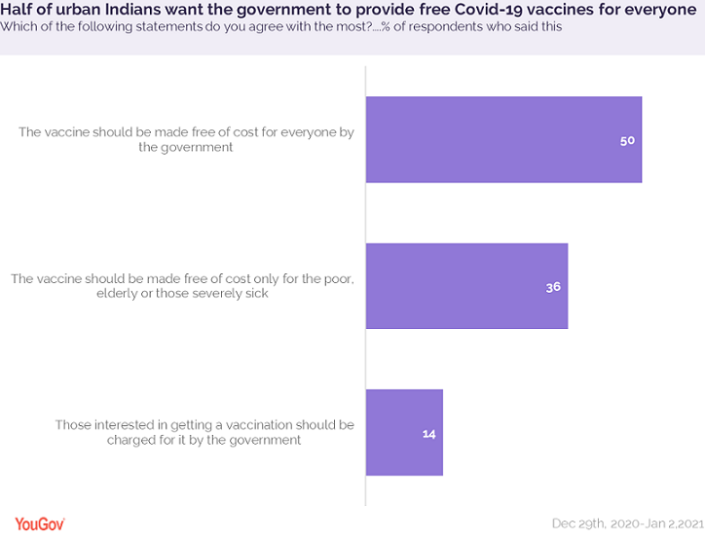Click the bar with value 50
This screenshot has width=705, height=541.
[x=502, y=139]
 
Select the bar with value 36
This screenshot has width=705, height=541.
[x=465, y=286]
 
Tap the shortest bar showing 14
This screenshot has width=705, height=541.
[x=403, y=432]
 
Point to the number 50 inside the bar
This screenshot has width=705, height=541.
[x=627, y=140]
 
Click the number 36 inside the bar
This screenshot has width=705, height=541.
[x=552, y=287]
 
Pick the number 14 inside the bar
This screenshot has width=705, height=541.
[x=428, y=433]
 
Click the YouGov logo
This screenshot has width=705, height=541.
[x=39, y=523]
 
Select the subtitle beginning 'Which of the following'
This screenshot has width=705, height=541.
[x=281, y=27]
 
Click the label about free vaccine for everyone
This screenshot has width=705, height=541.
[x=185, y=139]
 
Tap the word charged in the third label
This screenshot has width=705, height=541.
[x=132, y=440]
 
